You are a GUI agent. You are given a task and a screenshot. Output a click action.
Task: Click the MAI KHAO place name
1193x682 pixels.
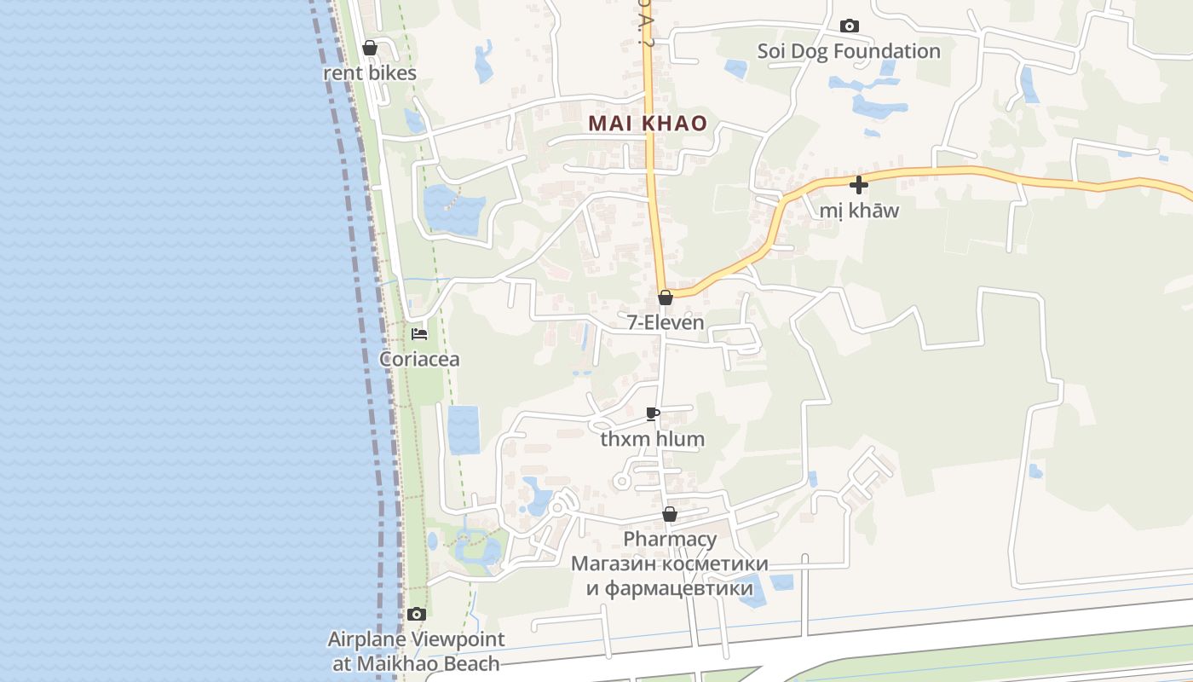[648, 123]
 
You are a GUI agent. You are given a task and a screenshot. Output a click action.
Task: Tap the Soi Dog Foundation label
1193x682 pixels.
[849, 51]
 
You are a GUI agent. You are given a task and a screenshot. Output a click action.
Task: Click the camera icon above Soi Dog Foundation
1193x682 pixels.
[850, 26]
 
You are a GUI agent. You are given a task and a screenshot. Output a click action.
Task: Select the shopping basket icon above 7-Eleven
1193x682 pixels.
[666, 298]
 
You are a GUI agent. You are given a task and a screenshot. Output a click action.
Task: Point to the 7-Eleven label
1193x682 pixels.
[666, 322]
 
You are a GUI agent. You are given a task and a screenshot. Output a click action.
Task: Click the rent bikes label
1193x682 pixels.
[370, 72]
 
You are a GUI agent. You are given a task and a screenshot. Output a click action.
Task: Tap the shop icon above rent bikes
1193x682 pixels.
[370, 48]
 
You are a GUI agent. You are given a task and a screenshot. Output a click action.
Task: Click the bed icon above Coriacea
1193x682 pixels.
[419, 334]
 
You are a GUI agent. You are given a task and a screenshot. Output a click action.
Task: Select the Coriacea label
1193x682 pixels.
[419, 359]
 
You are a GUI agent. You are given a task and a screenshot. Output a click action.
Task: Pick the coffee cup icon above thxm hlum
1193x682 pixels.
[653, 414]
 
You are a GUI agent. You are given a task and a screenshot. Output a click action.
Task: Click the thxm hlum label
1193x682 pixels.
[653, 440]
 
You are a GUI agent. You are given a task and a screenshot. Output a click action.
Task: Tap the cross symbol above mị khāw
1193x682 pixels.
[859, 184]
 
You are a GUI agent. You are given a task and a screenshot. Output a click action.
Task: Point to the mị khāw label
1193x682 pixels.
[859, 210]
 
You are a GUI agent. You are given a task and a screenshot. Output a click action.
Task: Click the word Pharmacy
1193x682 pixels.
[670, 539]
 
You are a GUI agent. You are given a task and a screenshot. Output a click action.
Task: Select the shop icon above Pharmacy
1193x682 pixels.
[670, 515]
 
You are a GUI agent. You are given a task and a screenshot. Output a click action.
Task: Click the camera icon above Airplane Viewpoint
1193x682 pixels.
[416, 614]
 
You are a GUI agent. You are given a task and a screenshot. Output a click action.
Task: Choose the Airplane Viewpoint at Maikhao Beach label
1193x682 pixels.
[416, 650]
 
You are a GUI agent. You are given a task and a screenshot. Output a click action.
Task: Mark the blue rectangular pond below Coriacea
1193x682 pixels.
[464, 430]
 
